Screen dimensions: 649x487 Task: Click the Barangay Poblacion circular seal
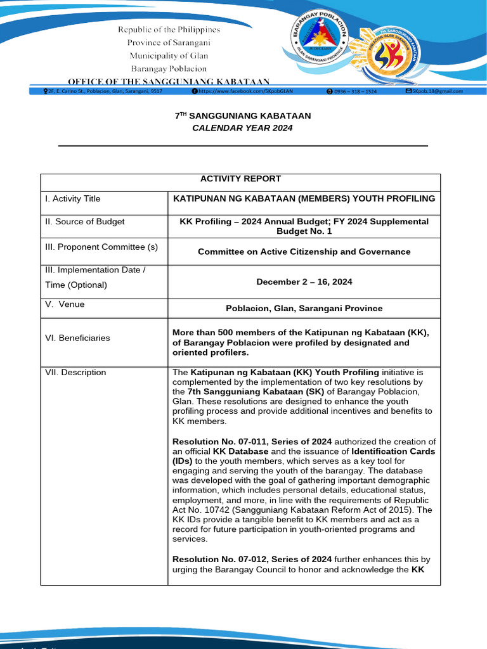319,40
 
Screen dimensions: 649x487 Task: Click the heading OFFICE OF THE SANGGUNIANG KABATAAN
169,81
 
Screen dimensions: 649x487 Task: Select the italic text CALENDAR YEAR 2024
243,128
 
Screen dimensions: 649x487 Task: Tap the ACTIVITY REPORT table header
240,179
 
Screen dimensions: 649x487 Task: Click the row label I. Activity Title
72,199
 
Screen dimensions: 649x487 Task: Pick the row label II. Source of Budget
84,222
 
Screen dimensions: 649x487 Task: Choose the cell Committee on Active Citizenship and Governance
304,252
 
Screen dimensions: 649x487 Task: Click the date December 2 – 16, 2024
304,281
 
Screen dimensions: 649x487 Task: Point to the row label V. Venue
65,304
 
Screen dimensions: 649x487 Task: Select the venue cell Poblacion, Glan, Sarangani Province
304,309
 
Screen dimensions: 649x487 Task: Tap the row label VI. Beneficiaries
77,338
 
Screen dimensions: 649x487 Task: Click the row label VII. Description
75,373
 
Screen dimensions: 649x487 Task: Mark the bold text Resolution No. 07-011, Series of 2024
252,442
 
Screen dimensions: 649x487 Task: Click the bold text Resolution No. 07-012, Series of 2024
252,559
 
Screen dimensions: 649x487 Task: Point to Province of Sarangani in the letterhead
169,42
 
